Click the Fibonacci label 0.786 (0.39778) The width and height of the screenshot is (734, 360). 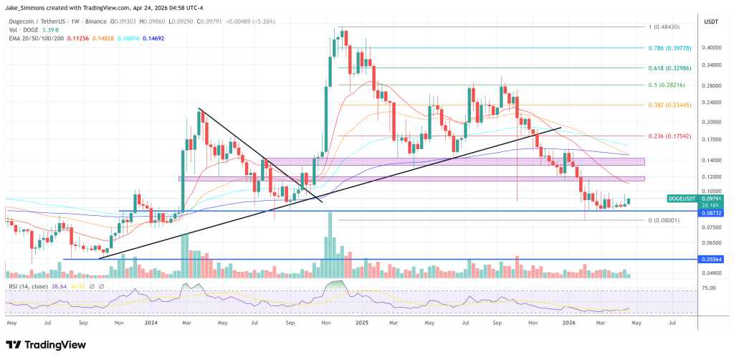click(x=670, y=49)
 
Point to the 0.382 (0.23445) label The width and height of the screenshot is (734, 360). click(x=670, y=104)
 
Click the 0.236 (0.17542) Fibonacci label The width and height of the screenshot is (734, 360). click(x=670, y=136)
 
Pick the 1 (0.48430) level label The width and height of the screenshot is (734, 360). click(x=664, y=27)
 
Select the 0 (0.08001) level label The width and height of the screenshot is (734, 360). click(x=664, y=220)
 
